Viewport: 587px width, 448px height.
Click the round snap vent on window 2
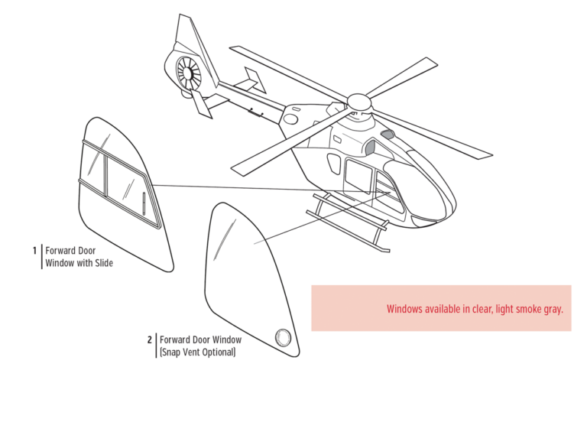pyautogui.click(x=283, y=337)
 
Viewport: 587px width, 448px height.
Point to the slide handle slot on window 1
pyautogui.click(x=144, y=204)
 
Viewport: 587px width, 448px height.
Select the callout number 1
pyautogui.click(x=34, y=251)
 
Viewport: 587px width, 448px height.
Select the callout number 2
pyautogui.click(x=150, y=339)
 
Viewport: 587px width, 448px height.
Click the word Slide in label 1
pyautogui.click(x=102, y=263)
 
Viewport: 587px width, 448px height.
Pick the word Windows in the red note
pyautogui.click(x=406, y=309)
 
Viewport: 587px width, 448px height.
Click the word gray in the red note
pyautogui.click(x=553, y=309)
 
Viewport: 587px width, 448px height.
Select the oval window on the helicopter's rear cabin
pyautogui.click(x=334, y=162)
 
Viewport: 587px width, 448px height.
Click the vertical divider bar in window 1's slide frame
pyautogui.click(x=106, y=176)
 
